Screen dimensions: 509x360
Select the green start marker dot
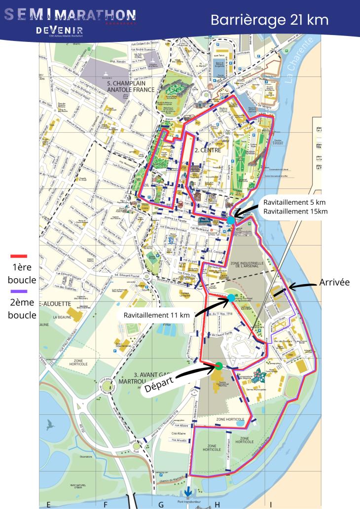click(x=218, y=365)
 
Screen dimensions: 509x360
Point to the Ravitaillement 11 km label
click(x=156, y=314)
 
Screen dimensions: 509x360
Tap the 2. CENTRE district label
click(x=207, y=150)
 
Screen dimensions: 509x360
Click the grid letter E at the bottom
click(x=48, y=504)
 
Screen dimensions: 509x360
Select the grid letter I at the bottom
click(x=270, y=504)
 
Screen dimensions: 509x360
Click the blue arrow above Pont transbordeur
click(x=188, y=493)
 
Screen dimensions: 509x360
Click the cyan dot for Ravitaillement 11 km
click(x=231, y=298)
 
